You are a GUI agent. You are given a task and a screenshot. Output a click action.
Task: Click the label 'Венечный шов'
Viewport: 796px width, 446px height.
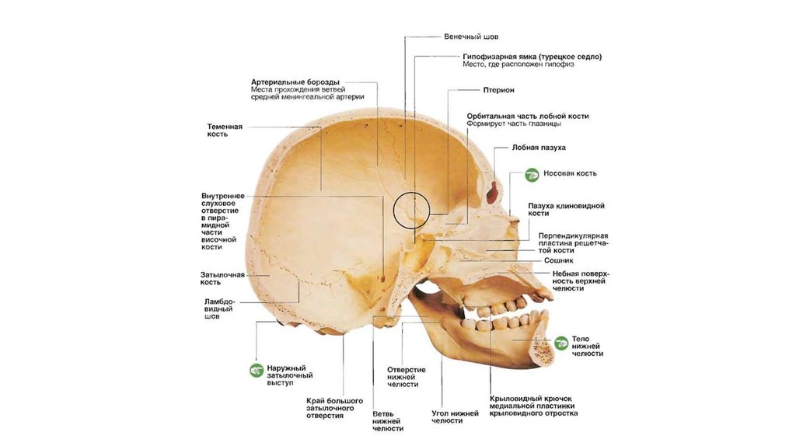471,37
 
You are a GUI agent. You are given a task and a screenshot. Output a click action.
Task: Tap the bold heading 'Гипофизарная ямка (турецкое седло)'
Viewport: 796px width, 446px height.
532,57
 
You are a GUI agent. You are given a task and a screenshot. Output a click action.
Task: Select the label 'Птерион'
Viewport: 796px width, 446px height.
498,90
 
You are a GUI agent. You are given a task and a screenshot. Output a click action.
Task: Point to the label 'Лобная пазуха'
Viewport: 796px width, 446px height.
539,148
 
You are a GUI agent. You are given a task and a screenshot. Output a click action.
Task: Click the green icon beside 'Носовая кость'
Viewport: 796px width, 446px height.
532,175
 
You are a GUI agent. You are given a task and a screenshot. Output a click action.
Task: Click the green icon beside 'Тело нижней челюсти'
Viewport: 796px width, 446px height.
559,341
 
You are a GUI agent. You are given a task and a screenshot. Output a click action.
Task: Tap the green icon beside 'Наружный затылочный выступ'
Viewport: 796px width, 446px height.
255,371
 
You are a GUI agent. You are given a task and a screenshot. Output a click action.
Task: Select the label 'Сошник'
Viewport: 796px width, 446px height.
558,261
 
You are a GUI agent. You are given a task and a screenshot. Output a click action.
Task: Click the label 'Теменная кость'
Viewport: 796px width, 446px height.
225,130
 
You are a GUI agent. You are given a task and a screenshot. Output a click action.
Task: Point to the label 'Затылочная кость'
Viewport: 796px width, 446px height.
222,278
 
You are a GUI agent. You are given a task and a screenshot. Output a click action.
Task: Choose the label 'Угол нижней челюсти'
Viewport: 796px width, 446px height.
455,416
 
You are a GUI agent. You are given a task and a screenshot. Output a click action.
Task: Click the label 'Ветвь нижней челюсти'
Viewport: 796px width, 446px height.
387,420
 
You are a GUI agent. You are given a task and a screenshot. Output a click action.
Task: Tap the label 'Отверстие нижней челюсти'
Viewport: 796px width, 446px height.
407,377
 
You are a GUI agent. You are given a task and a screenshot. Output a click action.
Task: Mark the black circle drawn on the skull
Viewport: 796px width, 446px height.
411,210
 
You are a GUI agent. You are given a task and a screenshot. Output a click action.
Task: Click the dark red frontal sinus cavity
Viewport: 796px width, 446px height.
492,192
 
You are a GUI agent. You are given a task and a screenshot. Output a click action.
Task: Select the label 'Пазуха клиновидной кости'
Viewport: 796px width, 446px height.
566,210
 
